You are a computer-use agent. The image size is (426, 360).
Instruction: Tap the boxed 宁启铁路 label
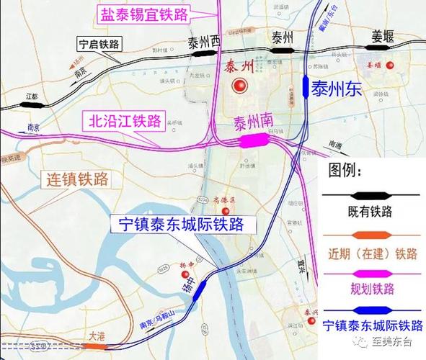pyautogui.click(x=99, y=44)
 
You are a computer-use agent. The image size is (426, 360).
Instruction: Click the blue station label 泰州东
pyautogui.click(x=342, y=89)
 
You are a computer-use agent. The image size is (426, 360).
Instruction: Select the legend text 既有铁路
pyautogui.click(x=370, y=212)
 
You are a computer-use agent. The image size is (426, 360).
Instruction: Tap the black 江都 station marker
pyautogui.click(x=32, y=104)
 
